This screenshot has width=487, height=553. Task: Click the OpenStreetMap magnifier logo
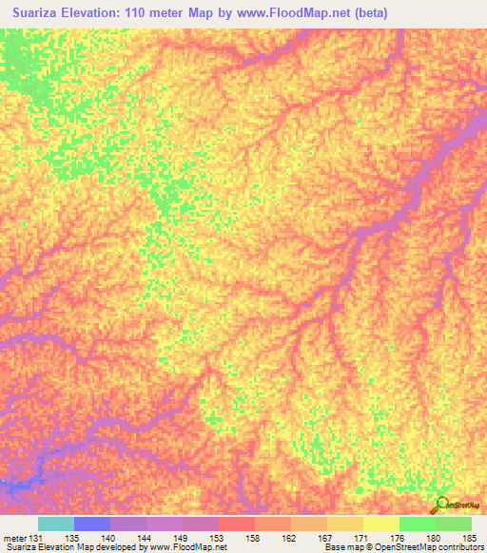coord(442,505)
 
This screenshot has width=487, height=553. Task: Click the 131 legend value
coord(37,538)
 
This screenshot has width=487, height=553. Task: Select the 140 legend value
coord(109,538)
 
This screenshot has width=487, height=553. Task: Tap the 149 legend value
coord(181,538)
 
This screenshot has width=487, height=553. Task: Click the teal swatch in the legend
coord(55,524)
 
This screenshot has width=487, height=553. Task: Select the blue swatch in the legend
coord(91,524)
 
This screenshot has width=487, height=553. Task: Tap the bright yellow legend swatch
coord(380,524)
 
